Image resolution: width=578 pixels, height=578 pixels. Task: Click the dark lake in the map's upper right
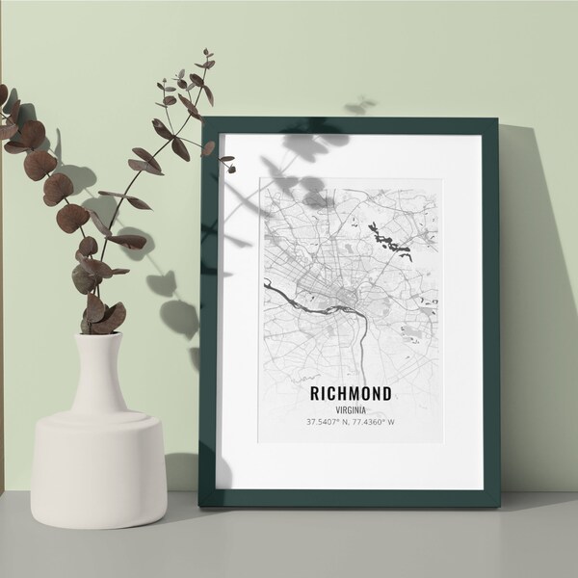click(386, 236)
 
